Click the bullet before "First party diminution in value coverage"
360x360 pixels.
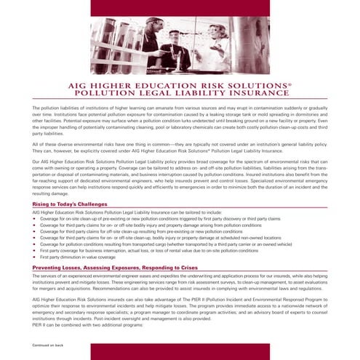pos(34,257)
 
